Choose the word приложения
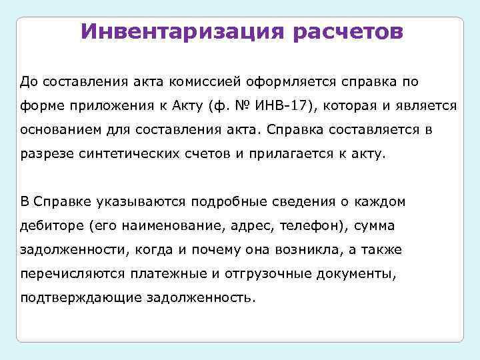[x=107, y=105]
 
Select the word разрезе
[x=45, y=153]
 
